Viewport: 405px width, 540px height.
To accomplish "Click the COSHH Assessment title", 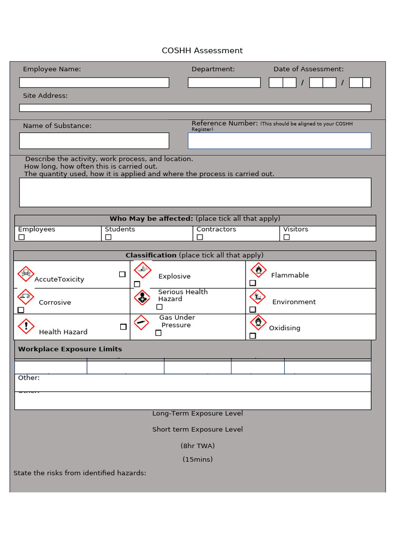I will click(202, 51).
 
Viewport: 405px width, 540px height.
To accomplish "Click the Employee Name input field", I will click(94, 83).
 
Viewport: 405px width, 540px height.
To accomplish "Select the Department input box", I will click(224, 83).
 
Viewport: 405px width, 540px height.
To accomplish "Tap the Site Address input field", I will click(195, 108).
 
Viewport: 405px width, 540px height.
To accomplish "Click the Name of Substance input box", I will click(94, 141).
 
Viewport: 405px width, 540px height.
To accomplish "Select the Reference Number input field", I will click(279, 141).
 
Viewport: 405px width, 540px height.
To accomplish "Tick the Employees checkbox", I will click(22, 237).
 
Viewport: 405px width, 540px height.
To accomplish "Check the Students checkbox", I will click(108, 237).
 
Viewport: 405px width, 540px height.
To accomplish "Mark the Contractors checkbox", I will click(200, 237).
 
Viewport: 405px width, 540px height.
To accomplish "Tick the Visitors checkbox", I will click(286, 237).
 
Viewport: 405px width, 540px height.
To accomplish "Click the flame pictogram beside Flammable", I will click(258, 271).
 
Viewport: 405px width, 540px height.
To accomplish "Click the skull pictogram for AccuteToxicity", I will click(26, 274).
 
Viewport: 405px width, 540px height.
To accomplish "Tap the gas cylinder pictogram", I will click(141, 322).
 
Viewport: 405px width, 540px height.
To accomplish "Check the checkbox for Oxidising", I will click(253, 335).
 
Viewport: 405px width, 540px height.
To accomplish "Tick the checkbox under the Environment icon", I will click(253, 310).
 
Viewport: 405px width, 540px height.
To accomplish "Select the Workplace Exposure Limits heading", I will click(70, 349).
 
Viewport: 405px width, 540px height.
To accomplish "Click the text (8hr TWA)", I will click(198, 446).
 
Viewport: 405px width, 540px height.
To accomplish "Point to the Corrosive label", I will click(55, 303).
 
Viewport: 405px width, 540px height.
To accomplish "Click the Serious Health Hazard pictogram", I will click(141, 297).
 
